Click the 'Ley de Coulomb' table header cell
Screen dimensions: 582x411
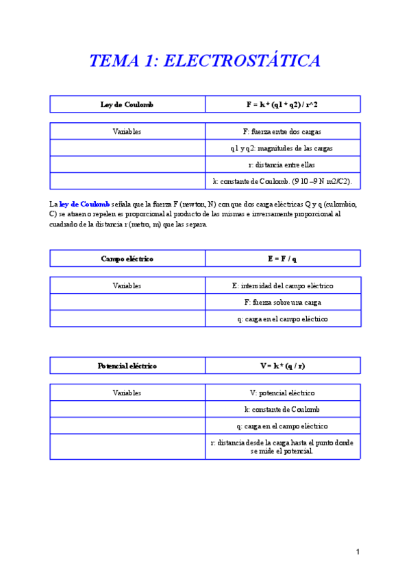127,104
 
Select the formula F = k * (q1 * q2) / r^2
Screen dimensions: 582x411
282,104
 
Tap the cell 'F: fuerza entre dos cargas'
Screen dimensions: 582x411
282,131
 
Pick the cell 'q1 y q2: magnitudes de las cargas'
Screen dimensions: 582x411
282,148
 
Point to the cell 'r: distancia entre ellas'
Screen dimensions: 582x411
282,165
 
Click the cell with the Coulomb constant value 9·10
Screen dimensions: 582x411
282,181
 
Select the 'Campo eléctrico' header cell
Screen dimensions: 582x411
127,259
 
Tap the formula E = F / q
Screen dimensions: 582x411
282,259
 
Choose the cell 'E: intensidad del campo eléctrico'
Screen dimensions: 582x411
282,286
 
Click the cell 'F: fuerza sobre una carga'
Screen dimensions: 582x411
282,302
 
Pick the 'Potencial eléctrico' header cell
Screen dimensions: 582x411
127,366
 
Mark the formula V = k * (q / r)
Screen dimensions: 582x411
282,366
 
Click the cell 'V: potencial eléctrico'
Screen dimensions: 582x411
282,393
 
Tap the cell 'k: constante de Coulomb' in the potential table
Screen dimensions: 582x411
282,409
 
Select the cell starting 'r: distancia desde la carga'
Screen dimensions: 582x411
282,447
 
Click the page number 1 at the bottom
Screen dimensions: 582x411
358,552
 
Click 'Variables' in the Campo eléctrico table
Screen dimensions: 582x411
127,286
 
